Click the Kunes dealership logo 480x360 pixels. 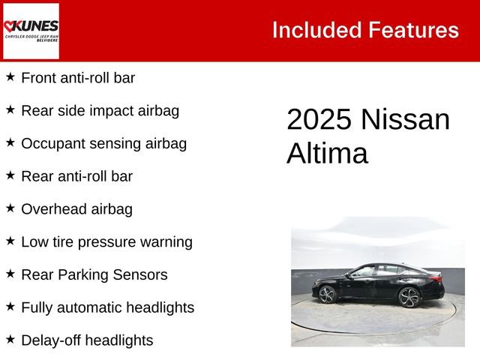click(x=31, y=31)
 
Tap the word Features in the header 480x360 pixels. click(x=413, y=30)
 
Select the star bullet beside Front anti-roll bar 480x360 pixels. click(x=10, y=76)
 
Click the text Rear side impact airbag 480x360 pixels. click(x=100, y=110)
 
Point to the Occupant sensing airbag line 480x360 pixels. click(x=103, y=143)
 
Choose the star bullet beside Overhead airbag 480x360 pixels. click(x=10, y=208)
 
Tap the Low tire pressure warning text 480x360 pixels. click(x=106, y=241)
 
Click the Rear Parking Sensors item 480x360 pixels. click(x=94, y=274)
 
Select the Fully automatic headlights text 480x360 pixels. click(x=107, y=307)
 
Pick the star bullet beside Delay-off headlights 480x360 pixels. click(x=10, y=339)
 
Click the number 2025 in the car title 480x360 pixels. click(x=319, y=120)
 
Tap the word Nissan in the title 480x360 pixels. click(x=405, y=120)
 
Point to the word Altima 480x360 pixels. click(x=327, y=154)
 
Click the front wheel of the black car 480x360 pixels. click(x=327, y=294)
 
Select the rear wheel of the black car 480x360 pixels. click(x=409, y=297)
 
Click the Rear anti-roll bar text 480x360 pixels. click(x=76, y=176)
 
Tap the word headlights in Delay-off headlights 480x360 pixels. click(x=118, y=340)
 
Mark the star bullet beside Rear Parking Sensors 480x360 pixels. click(x=10, y=274)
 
